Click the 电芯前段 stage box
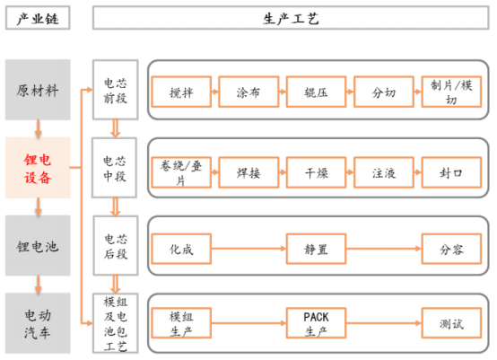click(x=116, y=91)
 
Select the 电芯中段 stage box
click(x=116, y=168)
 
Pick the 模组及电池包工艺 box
click(x=116, y=323)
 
